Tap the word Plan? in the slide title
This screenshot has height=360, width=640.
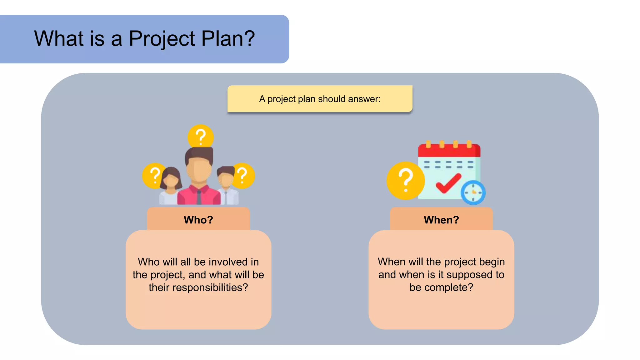tap(228, 38)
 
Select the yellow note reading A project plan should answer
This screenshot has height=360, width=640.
tap(320, 99)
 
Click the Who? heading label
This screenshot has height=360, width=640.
tap(198, 220)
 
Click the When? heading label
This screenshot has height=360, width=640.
tap(441, 220)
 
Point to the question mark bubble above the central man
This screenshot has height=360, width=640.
tap(201, 137)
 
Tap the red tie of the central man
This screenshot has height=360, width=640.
tap(199, 197)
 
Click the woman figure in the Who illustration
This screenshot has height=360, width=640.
tap(170, 186)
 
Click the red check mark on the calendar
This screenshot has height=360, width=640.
tap(448, 183)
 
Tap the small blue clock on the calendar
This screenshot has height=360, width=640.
tap(473, 192)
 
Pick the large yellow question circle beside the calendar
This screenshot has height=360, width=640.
tap(405, 181)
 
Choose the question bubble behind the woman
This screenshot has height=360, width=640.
tap(153, 175)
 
